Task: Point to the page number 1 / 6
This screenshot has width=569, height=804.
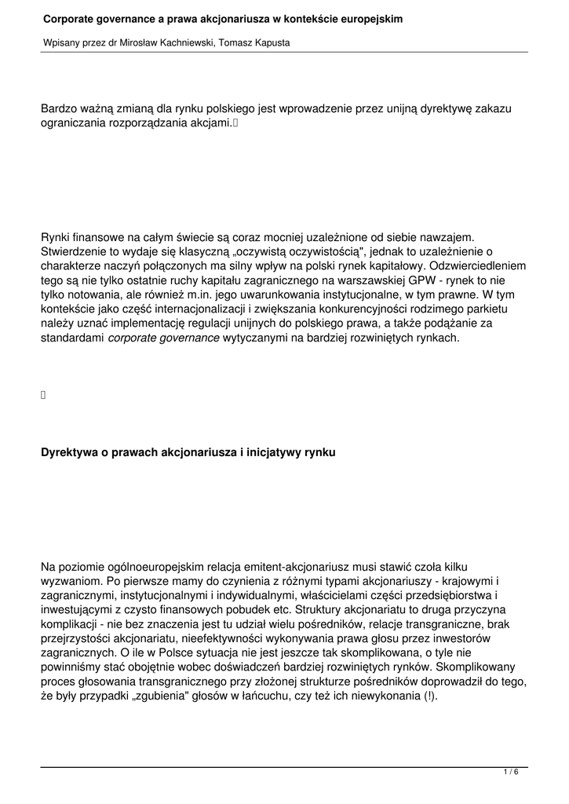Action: tap(511, 773)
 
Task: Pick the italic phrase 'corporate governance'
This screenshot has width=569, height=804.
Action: tap(163, 338)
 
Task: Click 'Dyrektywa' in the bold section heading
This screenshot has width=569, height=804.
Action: tap(68, 452)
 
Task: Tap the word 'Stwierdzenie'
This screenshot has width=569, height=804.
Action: tap(76, 253)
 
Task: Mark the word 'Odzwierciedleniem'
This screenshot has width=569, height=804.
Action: tap(475, 267)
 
